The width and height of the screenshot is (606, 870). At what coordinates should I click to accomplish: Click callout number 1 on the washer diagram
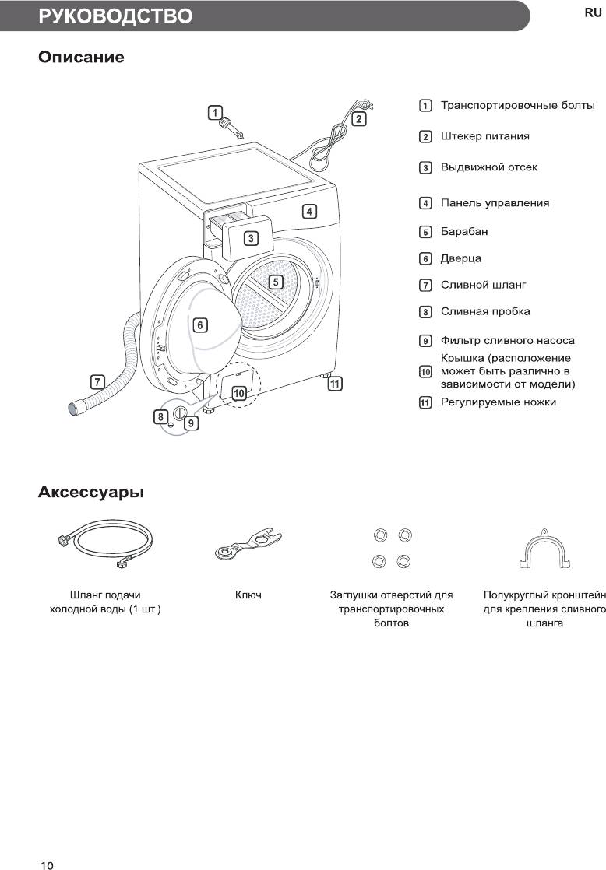point(215,113)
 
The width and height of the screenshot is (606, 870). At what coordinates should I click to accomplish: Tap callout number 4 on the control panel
point(309,211)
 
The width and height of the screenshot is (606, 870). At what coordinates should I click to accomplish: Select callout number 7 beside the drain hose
point(97,382)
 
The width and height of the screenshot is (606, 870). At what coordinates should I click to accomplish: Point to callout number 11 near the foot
point(335,384)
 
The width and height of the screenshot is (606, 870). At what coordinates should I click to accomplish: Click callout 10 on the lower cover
point(239,394)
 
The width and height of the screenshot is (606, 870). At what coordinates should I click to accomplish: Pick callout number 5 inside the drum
point(276,282)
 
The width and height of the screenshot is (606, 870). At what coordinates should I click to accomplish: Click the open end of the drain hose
point(76,406)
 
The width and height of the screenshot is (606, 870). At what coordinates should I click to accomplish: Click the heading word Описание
point(81,58)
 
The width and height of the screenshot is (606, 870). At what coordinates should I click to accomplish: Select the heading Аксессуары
point(91,493)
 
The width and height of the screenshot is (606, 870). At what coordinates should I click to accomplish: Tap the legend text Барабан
point(464,231)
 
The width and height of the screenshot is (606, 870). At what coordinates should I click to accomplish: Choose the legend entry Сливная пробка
point(485,311)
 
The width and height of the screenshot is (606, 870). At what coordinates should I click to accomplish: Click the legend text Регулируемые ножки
point(499,402)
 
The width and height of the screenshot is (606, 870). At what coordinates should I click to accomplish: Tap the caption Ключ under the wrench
point(248,595)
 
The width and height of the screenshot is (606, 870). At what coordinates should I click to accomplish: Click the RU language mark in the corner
point(593,13)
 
